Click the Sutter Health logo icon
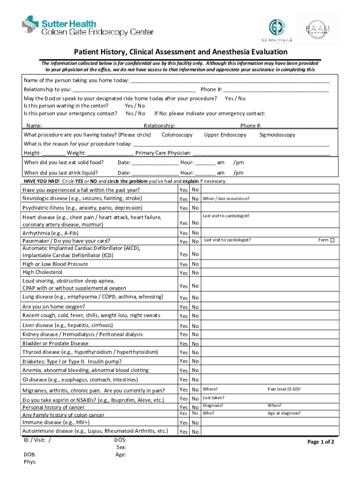point(31,26)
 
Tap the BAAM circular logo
point(317,29)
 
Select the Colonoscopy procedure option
point(177,135)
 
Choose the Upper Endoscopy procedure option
point(225,135)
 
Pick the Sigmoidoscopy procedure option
point(277,135)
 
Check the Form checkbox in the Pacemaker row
point(332,240)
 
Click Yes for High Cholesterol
point(183,273)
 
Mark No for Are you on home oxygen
point(195,307)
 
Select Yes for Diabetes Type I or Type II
point(183,361)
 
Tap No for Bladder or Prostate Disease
point(195,344)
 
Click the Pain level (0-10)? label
point(284,389)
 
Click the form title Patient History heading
point(179,52)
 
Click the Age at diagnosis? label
point(284,413)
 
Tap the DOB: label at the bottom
point(30,454)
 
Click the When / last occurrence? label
point(226,199)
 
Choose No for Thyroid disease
point(195,353)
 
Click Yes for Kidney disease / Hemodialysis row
point(183,334)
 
